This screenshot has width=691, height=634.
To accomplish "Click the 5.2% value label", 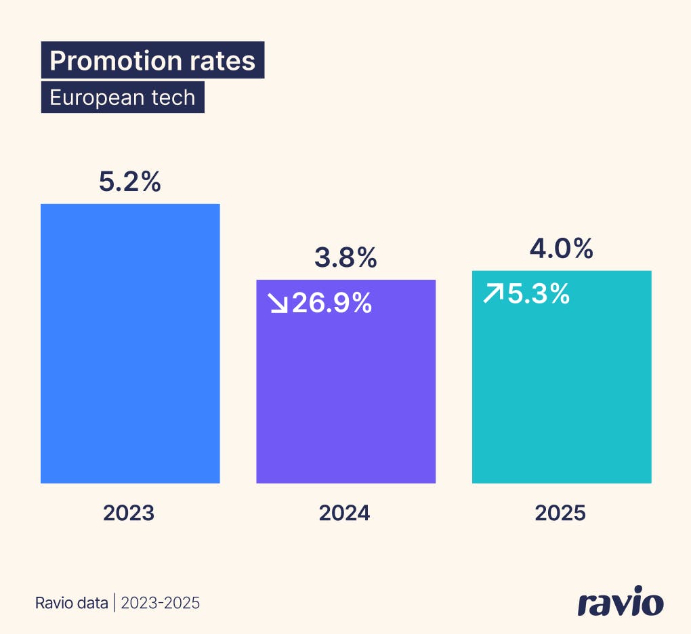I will pos(130,182).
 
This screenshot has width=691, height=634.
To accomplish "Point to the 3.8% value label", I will pos(345,257).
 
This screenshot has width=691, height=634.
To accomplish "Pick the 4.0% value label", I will pos(562,249).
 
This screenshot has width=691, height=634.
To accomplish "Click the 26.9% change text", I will pos(332,303).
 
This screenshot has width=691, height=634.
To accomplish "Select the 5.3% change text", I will pos(539,294).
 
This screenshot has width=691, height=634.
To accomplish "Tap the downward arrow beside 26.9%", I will pos(278,304).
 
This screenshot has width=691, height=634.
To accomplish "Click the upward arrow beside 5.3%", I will pos(493,294).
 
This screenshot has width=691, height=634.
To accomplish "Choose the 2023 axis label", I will pos(129,513).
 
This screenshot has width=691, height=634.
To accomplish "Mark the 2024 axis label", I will pos(345,513).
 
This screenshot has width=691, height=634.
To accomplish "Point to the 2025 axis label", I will pos(560,513).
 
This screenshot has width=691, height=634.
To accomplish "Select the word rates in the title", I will pos(223,61).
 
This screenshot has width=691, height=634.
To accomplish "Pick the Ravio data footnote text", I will pos(71,602).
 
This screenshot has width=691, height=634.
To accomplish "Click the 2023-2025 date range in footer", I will pos(161,602).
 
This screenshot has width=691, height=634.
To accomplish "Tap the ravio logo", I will pos(621,602).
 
